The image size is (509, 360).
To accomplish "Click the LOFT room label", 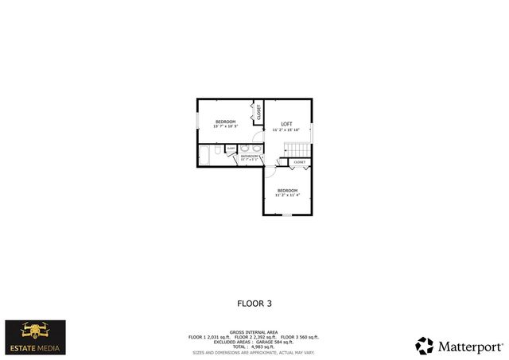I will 286,123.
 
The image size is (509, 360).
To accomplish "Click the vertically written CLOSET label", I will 258,112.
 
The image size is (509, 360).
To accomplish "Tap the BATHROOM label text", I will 249,157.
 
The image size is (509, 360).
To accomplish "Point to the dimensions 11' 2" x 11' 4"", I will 287,195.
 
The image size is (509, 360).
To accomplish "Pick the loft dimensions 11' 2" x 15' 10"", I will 286,130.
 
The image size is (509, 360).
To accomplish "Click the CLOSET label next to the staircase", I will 299,162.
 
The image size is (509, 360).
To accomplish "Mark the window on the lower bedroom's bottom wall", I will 287,215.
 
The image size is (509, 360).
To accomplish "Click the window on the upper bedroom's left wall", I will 198,120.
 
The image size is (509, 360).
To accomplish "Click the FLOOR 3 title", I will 254,303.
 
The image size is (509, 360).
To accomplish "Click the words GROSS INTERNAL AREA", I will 254,332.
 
